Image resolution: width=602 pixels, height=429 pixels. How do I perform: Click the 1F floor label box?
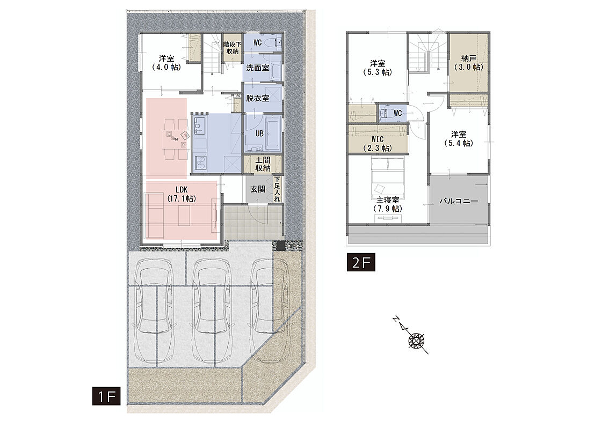point(106,396)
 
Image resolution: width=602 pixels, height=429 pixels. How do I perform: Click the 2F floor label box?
point(361,262)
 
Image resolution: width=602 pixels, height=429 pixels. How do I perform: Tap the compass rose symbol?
point(416,340)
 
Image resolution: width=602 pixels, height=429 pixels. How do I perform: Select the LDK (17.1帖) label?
point(181,194)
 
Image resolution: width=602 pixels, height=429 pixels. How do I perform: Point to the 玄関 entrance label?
point(257,189)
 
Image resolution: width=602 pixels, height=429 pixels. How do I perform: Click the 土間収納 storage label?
point(263,164)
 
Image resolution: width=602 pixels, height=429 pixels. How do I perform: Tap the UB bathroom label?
point(259,134)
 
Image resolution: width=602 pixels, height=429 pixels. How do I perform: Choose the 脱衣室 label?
point(257,98)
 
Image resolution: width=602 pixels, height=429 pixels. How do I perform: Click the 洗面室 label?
point(257,68)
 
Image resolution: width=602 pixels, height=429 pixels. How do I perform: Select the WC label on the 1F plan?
point(258,42)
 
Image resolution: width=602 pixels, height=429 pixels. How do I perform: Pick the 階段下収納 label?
point(233,48)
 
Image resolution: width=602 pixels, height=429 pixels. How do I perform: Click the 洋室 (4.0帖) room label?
point(166,63)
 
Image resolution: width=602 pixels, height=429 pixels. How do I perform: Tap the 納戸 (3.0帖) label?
point(468,63)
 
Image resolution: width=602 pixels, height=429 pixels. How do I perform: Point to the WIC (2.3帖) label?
point(378,144)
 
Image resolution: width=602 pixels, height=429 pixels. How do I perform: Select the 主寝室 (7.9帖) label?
point(387,204)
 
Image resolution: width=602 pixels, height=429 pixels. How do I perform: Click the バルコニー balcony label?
point(459,201)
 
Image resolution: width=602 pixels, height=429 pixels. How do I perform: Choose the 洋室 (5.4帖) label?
point(459,139)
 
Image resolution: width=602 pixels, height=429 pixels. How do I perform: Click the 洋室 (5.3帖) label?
point(378,68)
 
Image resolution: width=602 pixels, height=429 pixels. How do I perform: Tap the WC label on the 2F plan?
point(398,114)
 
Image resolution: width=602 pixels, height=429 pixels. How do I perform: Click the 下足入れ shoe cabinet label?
point(277,189)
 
